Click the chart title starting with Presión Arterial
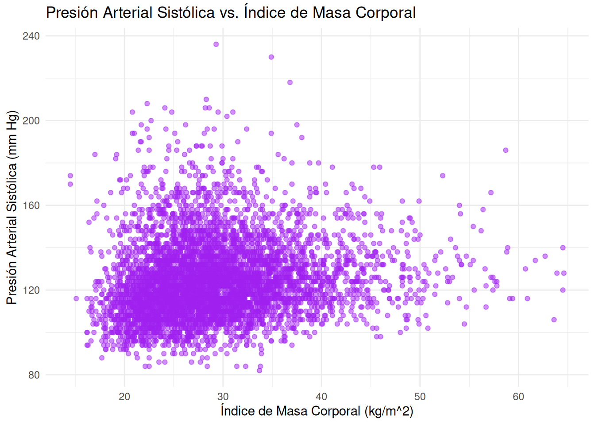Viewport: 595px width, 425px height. (230, 12)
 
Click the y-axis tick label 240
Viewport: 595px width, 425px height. (31, 36)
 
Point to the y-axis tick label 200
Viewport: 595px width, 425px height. (31, 120)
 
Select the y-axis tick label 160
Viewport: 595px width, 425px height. (31, 205)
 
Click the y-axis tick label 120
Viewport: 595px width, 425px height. (31, 290)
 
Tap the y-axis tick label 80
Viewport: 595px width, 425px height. (34, 375)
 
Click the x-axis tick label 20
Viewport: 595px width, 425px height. (124, 396)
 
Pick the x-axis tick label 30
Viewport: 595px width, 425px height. (223, 396)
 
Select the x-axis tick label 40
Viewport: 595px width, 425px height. (321, 396)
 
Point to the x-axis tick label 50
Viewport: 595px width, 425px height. (420, 396)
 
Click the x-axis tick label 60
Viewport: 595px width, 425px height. (518, 396)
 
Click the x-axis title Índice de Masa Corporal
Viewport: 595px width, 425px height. (317, 411)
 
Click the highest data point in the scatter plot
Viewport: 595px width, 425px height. (216, 44)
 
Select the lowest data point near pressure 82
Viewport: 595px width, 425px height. (259, 371)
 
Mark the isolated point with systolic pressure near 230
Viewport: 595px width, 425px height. (271, 57)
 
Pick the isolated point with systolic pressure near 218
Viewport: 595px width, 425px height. (290, 82)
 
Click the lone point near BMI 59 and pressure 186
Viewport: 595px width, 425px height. (506, 150)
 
